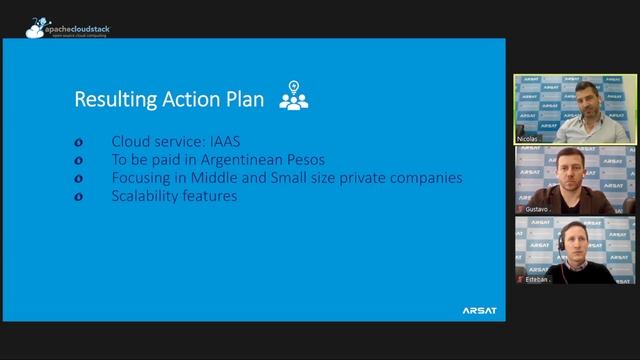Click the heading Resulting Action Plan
(170, 100)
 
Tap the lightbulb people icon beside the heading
(293, 95)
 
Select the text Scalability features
(174, 196)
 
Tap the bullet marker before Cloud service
(79, 143)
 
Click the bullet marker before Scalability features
(79, 197)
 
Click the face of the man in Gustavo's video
(571, 165)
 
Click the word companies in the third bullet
(426, 178)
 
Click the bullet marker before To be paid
(79, 161)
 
